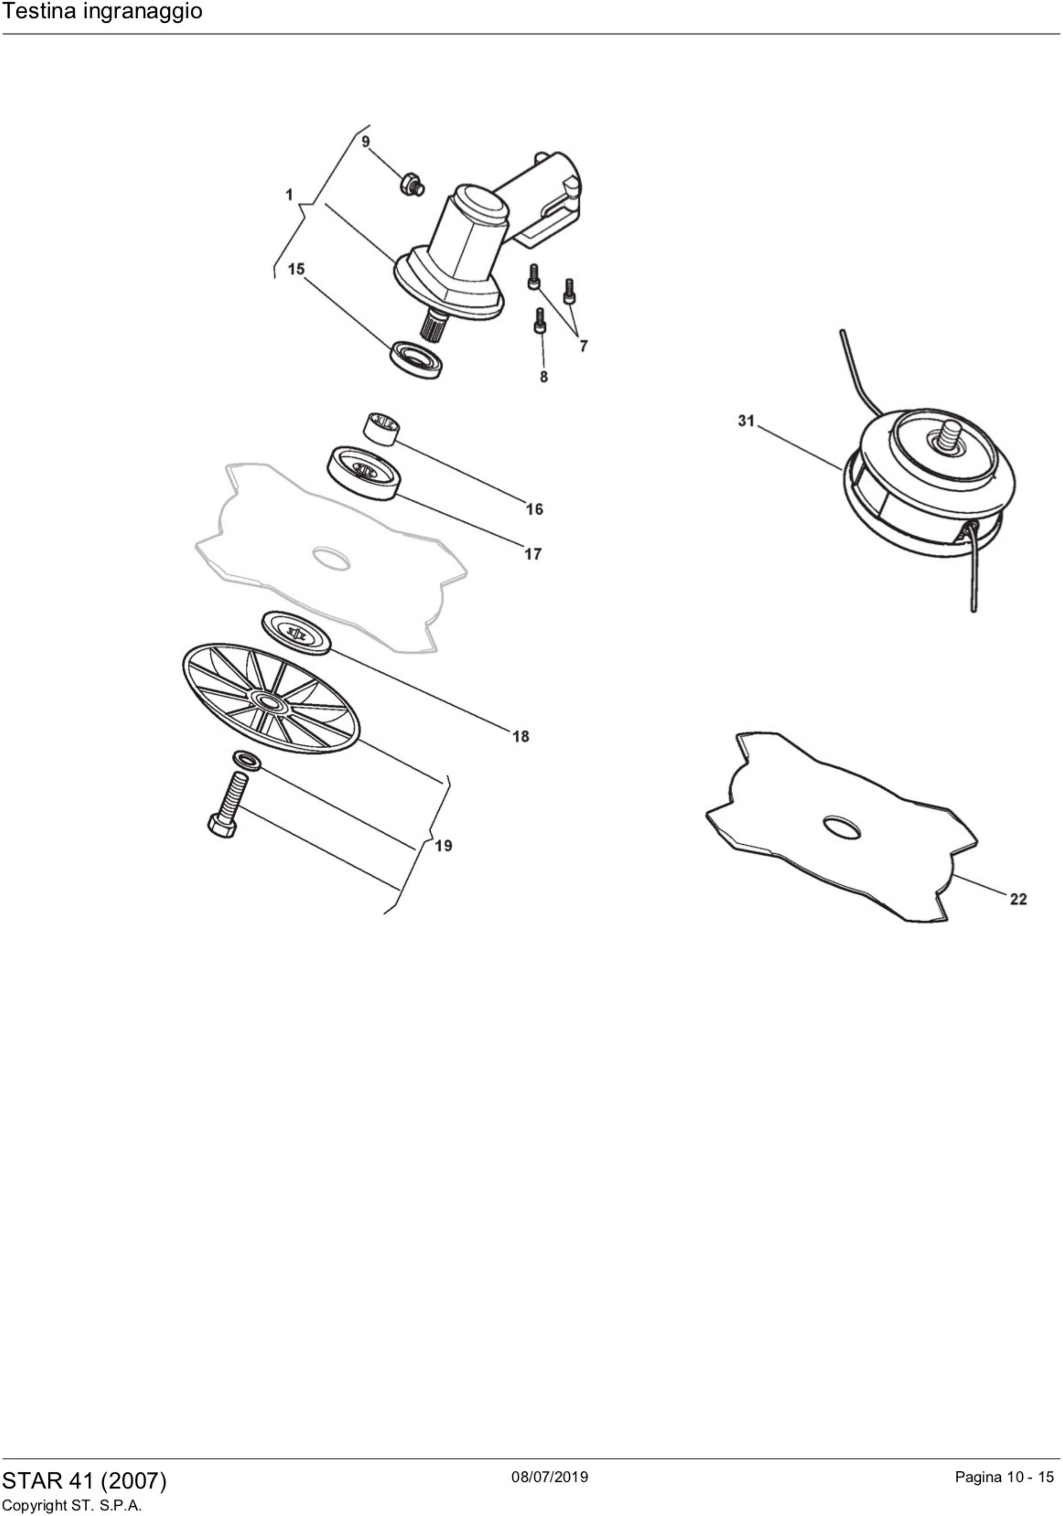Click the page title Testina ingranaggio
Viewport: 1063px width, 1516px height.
click(x=103, y=12)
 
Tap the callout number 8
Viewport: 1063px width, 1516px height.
click(x=544, y=377)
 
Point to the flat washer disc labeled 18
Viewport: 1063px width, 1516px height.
click(x=296, y=632)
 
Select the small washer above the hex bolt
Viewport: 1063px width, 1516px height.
click(x=246, y=760)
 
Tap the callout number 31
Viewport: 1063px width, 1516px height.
click(x=746, y=421)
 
